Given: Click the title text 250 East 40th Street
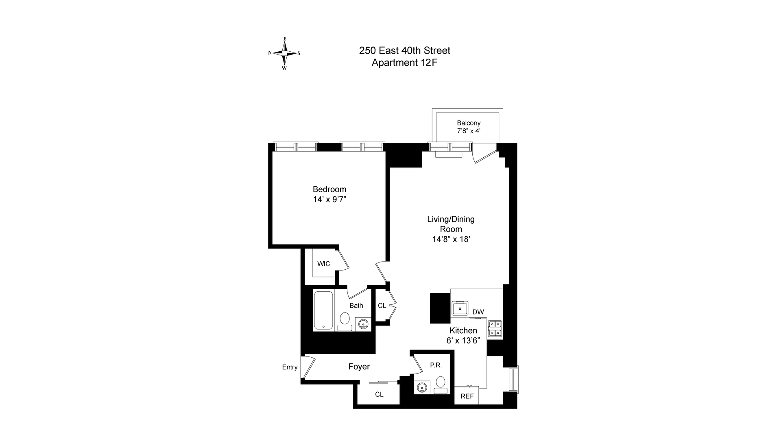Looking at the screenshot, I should pyautogui.click(x=404, y=51).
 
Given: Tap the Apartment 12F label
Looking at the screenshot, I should pyautogui.click(x=404, y=63).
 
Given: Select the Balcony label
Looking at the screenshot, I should pyautogui.click(x=469, y=123).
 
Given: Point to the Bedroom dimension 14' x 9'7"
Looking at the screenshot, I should pyautogui.click(x=329, y=200).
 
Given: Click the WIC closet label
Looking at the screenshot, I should pyautogui.click(x=324, y=264).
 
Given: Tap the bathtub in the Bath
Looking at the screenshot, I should pyautogui.click(x=324, y=310).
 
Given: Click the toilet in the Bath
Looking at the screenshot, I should pyautogui.click(x=345, y=320).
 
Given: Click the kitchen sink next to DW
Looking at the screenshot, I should pyautogui.click(x=460, y=309).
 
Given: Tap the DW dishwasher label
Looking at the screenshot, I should pyautogui.click(x=478, y=312).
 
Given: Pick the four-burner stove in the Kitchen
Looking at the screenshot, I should pyautogui.click(x=495, y=328).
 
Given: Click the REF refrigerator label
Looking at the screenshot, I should pyautogui.click(x=467, y=396).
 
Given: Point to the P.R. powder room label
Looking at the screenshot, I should pyautogui.click(x=436, y=365).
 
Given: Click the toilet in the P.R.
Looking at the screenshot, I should pyautogui.click(x=440, y=384).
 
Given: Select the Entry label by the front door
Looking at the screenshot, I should pyautogui.click(x=290, y=367).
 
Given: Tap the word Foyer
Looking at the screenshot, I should pyautogui.click(x=359, y=367).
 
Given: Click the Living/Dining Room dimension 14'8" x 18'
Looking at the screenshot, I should pyautogui.click(x=451, y=240).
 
